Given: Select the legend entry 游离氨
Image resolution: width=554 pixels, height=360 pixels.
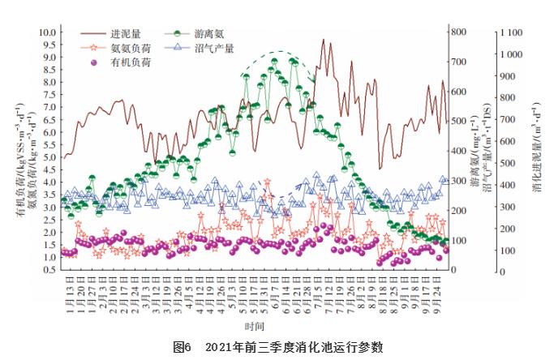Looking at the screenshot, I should (210, 35).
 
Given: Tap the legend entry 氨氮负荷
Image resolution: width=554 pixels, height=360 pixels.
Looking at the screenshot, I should (130, 49).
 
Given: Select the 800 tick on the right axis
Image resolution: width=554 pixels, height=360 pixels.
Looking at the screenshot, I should (459, 32).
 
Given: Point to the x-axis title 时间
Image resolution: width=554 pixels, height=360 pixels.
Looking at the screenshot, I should (254, 325).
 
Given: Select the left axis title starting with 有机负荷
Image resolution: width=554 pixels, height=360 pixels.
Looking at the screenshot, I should (19, 146).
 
